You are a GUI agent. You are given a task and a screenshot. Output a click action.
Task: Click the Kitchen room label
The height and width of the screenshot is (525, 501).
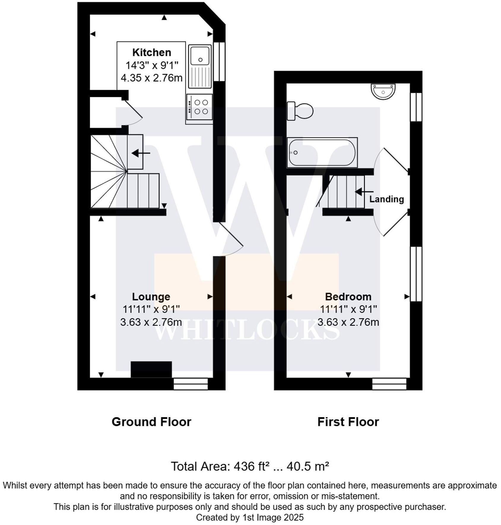coord(151,52)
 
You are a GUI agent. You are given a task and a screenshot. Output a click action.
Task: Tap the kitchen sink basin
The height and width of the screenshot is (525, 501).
coord(200,56)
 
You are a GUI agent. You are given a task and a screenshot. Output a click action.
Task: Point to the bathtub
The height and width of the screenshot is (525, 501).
coord(322,152)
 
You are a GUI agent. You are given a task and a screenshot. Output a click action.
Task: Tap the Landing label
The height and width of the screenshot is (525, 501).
coord(386,199)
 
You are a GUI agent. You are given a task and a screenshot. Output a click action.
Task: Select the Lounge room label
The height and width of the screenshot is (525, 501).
coord(151,296)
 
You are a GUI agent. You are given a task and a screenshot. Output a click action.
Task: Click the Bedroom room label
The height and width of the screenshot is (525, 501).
coord(348,296)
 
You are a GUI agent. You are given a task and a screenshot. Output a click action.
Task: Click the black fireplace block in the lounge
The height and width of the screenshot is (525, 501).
coord(151,369)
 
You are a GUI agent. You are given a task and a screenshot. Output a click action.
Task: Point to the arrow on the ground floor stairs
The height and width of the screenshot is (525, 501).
coord(141,153)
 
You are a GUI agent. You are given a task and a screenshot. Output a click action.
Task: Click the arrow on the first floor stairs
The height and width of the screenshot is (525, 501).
coord(364,192)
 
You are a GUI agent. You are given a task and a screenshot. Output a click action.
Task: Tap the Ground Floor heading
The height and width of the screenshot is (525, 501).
coord(151,422)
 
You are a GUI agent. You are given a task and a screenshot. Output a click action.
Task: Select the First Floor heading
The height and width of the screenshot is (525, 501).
coord(348,422)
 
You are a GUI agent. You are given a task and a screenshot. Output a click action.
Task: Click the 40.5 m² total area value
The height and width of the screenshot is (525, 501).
coord(307,466)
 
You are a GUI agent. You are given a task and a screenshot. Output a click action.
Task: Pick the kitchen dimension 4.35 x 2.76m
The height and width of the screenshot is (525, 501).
coord(151,78)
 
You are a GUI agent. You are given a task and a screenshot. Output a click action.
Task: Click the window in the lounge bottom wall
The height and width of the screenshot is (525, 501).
coord(191,384)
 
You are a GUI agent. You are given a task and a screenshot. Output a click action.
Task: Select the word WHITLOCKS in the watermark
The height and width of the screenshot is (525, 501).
coord(247,331)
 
